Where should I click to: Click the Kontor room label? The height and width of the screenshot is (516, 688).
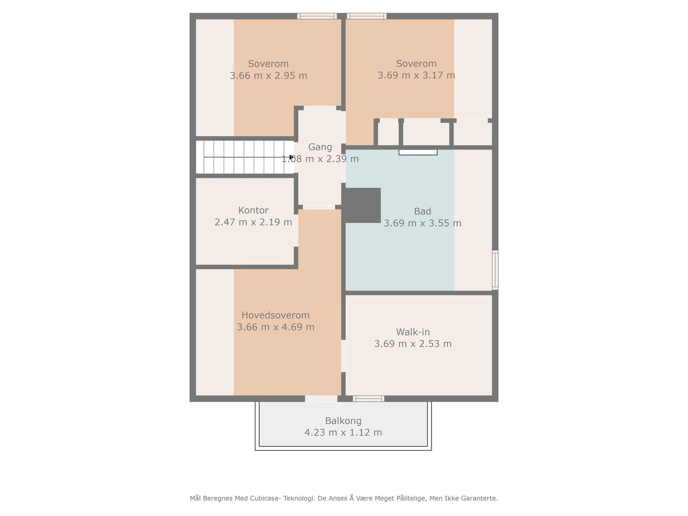coord(253,210)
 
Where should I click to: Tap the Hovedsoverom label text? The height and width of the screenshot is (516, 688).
coord(275,315)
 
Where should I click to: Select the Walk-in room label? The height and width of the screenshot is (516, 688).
coord(413,332)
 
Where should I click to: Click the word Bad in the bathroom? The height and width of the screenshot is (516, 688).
coord(422,211)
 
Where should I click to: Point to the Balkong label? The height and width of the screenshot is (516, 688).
coord(343,421)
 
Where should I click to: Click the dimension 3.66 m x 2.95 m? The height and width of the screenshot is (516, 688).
coord(268,76)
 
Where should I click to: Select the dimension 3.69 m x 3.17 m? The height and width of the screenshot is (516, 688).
coord(416,75)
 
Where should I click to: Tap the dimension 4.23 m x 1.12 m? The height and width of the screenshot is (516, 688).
coord(343,433)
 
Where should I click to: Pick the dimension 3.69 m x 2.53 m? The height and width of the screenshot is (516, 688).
coord(413,344)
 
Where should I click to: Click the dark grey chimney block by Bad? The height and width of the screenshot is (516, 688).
coord(363,205)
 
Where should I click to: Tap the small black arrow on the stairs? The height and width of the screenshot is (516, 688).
coord(291,157)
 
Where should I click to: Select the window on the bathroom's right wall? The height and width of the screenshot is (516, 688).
coord(495,270)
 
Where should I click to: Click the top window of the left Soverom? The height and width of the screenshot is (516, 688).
coord(317,16)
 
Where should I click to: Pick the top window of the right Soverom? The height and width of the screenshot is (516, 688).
coord(367,16)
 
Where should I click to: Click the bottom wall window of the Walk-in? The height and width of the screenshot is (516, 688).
coord(369,399)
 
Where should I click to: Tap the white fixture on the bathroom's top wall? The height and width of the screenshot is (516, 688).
coord(418,152)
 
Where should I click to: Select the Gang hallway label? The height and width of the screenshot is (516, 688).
coord(320,147)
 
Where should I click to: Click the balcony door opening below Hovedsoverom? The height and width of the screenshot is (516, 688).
coord(321,399)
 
